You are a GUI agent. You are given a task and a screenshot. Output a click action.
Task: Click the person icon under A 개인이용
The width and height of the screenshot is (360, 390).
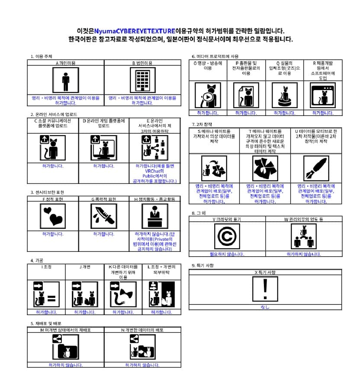click(66, 81)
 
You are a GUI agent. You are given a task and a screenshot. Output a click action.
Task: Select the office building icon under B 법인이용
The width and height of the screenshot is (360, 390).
click(142, 81)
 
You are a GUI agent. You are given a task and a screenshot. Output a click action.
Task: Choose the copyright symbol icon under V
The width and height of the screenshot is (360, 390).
click(227, 236)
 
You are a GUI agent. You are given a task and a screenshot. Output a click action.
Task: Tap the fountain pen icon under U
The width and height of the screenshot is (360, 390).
click(316, 168)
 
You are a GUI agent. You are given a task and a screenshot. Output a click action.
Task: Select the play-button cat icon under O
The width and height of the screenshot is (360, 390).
click(208, 96)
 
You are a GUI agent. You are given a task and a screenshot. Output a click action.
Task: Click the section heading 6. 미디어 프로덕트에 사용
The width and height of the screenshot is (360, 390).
click(215, 56)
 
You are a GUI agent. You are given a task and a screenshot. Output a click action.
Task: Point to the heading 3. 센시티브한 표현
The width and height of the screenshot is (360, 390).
click(47, 192)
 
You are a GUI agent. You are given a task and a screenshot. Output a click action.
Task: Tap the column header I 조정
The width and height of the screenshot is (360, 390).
click(46, 267)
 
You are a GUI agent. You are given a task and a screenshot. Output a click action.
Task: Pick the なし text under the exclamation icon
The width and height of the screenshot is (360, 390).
click(265, 307)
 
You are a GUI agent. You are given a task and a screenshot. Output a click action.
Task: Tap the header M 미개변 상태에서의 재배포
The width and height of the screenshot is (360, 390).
click(66, 330)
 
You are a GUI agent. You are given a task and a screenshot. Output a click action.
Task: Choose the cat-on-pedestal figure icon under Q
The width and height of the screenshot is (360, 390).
click(285, 96)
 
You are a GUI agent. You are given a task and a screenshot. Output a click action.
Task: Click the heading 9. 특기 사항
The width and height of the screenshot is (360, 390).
click(202, 265)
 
